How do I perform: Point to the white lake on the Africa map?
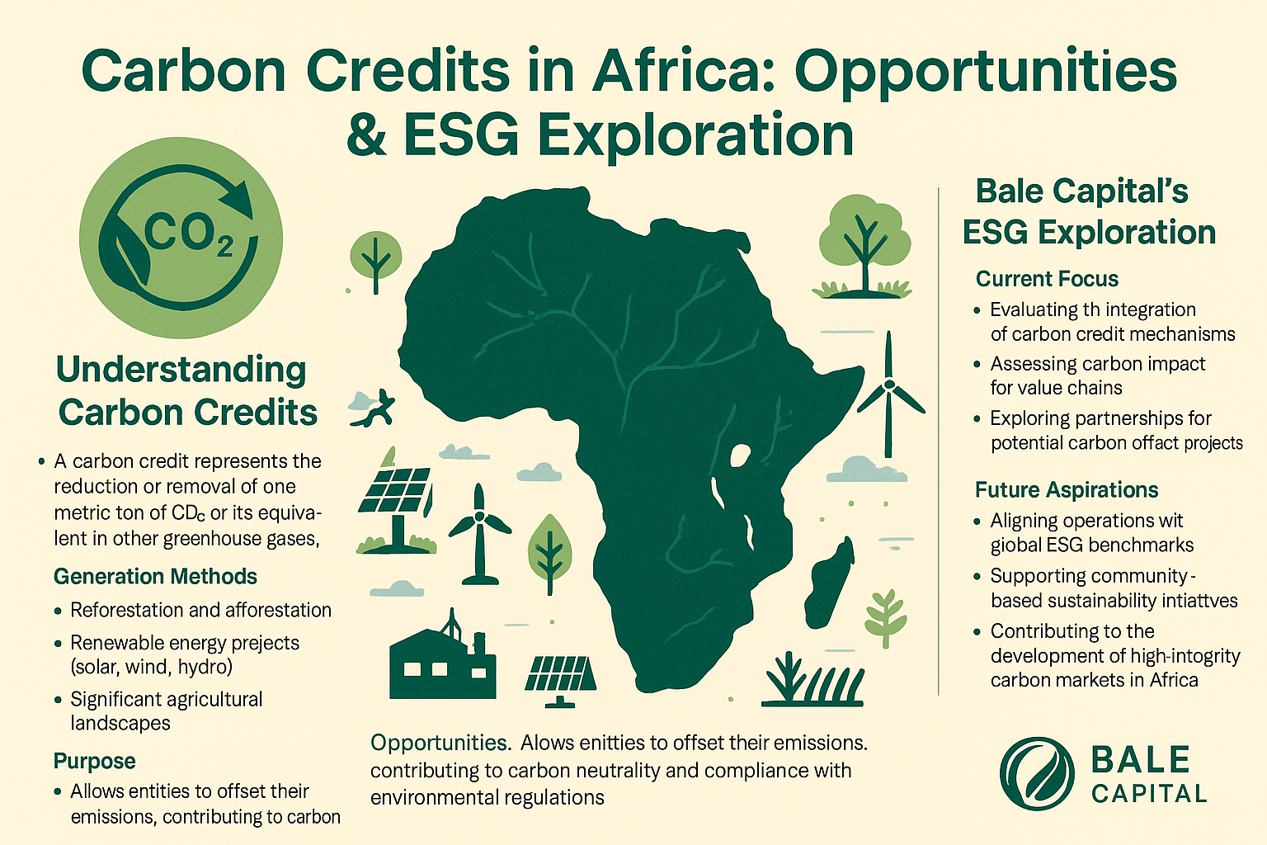[x=739, y=455]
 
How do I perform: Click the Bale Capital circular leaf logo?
[x=1037, y=773]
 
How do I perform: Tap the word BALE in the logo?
[x=1140, y=759]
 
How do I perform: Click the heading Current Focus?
[x=1047, y=278]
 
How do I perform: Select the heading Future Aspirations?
[x=1067, y=489]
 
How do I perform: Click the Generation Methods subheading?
[x=155, y=576]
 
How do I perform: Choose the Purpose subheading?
[x=95, y=761]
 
